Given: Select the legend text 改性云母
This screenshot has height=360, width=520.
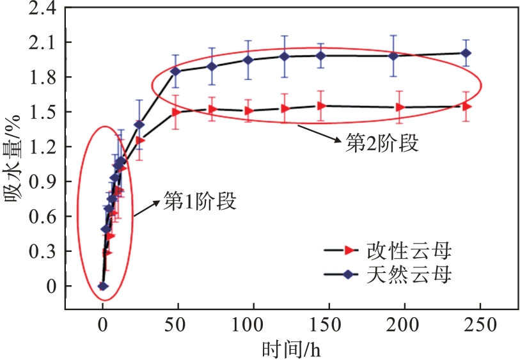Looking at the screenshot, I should (409, 249).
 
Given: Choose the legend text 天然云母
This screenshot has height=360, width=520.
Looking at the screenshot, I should (409, 275).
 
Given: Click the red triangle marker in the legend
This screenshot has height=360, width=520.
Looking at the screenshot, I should (348, 249).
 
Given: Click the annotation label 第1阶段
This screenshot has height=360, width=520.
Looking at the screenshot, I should (200, 202).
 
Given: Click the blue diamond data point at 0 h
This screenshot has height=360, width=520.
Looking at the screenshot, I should (102, 286).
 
